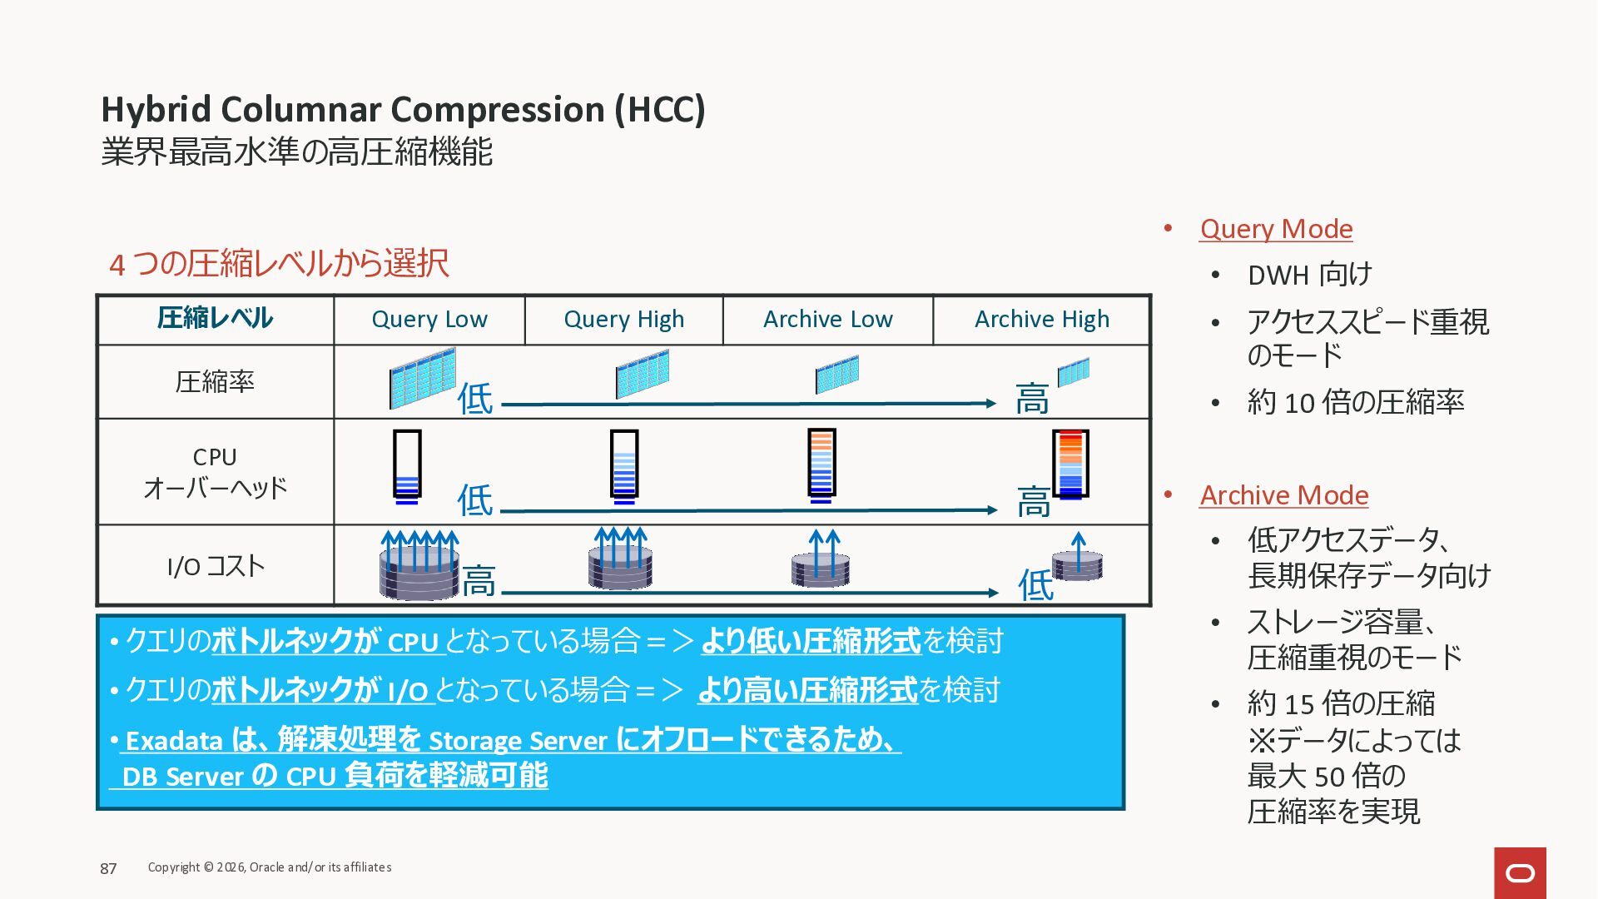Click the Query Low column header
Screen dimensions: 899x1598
(429, 320)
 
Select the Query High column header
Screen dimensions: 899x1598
(623, 320)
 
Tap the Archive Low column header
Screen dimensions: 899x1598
(827, 320)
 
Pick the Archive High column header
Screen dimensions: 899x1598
(1041, 320)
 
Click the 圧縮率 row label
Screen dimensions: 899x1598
(215, 382)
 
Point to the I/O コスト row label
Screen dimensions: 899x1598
(216, 566)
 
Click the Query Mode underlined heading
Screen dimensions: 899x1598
(1276, 229)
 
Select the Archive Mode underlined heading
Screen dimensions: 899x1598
(1283, 495)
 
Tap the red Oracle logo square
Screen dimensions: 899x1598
(1520, 872)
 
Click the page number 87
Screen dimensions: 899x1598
(108, 868)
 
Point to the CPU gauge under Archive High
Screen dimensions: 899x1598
(1070, 464)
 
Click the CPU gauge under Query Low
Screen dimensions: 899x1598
(407, 466)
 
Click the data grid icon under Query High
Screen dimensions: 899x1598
(642, 375)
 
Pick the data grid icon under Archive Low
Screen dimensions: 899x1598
(836, 375)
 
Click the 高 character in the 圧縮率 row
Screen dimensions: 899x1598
(1032, 400)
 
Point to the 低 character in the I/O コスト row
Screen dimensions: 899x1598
(1036, 585)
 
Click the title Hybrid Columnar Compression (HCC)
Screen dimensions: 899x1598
(403, 110)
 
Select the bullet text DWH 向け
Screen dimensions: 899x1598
(1309, 275)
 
